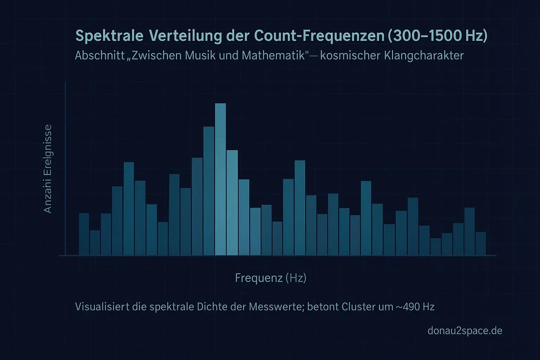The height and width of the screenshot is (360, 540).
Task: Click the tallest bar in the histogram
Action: [x=220, y=179]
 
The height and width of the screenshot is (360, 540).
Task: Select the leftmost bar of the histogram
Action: [x=84, y=234]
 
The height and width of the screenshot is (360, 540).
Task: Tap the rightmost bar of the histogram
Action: [x=481, y=244]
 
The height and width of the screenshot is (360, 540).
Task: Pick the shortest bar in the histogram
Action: [x=436, y=247]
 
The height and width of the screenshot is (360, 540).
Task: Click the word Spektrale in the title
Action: [x=109, y=36]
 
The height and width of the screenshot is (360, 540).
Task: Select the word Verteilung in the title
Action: [x=185, y=36]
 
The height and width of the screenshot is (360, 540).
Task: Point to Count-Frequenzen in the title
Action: [x=319, y=36]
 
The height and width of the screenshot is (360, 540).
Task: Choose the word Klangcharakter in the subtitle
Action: [x=424, y=56]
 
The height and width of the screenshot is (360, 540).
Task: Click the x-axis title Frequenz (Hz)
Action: [x=271, y=278]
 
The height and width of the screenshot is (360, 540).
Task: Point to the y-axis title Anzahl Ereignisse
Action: [x=47, y=169]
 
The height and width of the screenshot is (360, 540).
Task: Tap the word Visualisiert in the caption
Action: [x=102, y=307]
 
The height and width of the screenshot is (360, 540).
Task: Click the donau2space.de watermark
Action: [x=465, y=330]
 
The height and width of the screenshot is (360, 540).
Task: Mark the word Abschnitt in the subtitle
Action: [x=99, y=56]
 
